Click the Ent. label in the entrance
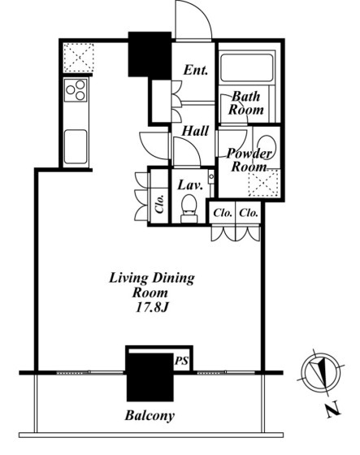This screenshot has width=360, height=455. pyautogui.click(x=196, y=70)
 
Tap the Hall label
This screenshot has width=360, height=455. pyautogui.click(x=195, y=131)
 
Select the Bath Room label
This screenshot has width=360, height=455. pyautogui.click(x=246, y=103)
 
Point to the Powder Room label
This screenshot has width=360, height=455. pyautogui.click(x=249, y=160)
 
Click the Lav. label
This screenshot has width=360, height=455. pyautogui.click(x=190, y=185)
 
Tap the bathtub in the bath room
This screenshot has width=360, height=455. pyautogui.click(x=247, y=68)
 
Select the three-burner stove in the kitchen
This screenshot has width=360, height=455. pyautogui.click(x=76, y=90)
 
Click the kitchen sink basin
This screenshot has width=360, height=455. pyautogui.click(x=76, y=146)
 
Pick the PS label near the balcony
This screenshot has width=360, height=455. pyautogui.click(x=181, y=361)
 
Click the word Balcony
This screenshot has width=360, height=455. pyautogui.click(x=150, y=415)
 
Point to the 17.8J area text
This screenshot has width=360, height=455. pyautogui.click(x=151, y=308)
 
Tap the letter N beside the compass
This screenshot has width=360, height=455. pyautogui.click(x=333, y=409)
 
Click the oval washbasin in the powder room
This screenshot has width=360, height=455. pyautogui.click(x=267, y=147)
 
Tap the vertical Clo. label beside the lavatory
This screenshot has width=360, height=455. pyautogui.click(x=159, y=204)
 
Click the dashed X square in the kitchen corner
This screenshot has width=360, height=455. pyautogui.click(x=78, y=58)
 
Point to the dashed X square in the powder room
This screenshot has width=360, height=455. pyautogui.click(x=263, y=184)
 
